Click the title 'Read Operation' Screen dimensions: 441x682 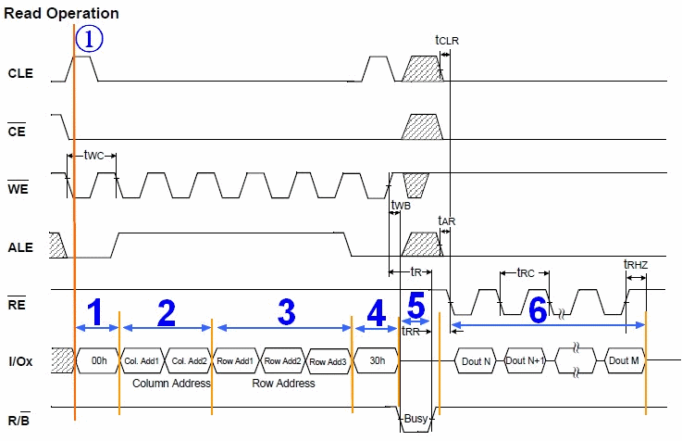(x=61, y=14)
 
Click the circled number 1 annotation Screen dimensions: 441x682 (x=90, y=39)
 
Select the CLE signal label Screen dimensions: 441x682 (x=20, y=72)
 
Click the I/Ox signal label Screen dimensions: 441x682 (x=20, y=360)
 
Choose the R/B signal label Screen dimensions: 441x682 (x=20, y=419)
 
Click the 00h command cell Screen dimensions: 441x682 (x=98, y=360)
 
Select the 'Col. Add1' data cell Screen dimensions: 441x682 (x=143, y=360)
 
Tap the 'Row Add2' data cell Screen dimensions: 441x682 (x=282, y=360)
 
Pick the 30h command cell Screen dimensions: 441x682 (x=376, y=360)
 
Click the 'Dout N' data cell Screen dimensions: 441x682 (x=476, y=360)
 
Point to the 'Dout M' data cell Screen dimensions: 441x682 (x=623, y=360)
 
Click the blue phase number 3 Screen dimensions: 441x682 (x=286, y=312)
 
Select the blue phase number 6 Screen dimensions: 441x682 (x=538, y=312)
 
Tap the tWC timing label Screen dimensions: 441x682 (x=93, y=155)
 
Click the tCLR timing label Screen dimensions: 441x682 (x=447, y=40)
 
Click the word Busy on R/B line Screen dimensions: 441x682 (x=416, y=420)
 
